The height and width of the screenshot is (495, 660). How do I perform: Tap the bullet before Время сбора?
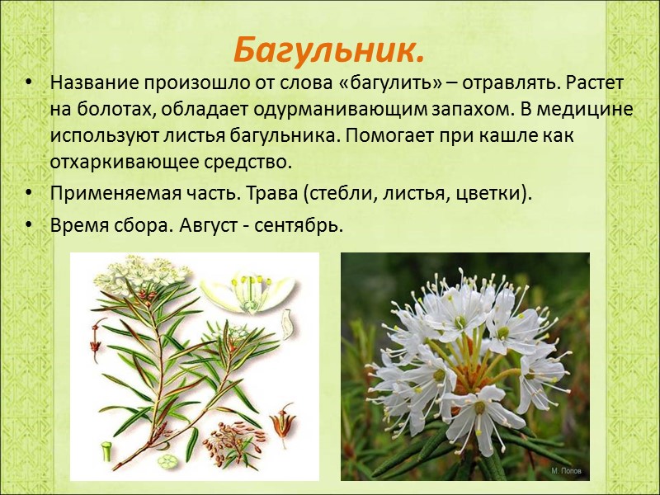point(31,226)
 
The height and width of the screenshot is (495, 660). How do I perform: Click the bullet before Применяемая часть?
point(31,194)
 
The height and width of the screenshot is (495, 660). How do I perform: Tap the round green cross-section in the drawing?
point(168,460)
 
